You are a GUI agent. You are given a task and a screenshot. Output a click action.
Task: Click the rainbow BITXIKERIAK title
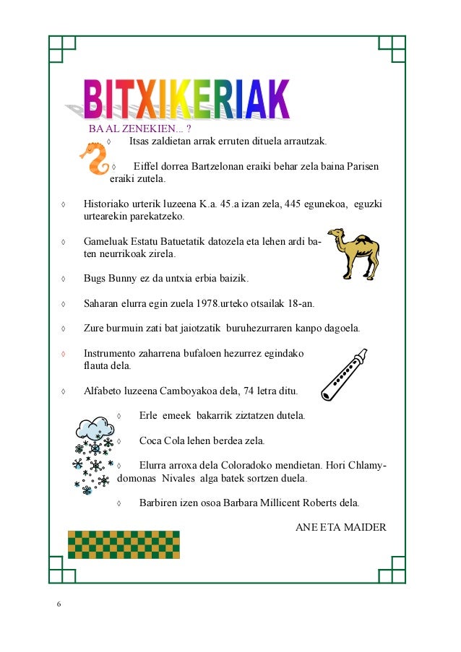[x=186, y=100]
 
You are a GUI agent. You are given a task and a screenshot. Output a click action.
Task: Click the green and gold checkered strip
[x=123, y=544]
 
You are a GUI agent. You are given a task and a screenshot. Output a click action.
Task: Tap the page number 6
[x=59, y=604]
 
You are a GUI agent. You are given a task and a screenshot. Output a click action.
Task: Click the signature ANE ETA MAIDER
[x=340, y=527]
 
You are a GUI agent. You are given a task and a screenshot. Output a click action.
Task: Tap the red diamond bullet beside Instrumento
[x=64, y=354]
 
